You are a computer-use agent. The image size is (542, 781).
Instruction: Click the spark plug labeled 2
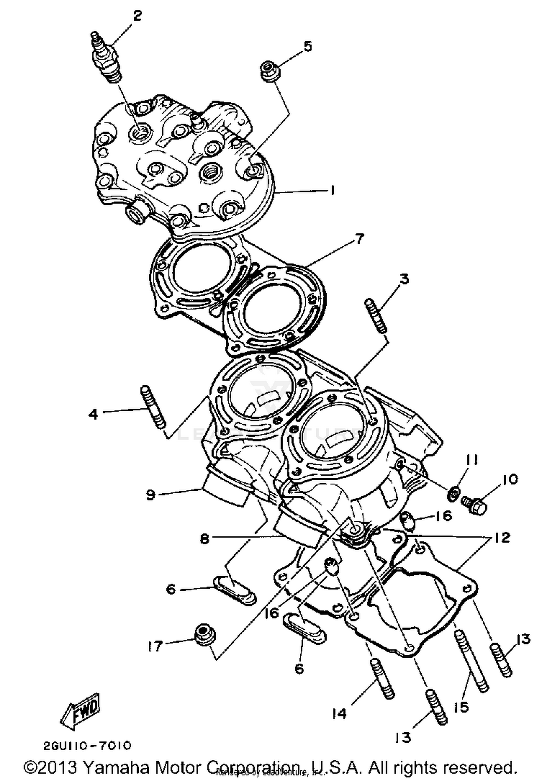[107, 58]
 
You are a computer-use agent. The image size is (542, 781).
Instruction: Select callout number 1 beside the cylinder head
[332, 190]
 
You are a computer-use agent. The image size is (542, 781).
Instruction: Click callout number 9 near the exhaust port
[151, 494]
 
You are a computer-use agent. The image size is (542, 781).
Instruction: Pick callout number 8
[205, 539]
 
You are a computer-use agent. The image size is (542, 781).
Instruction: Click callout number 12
[502, 537]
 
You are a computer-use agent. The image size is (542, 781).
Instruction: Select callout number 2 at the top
[137, 16]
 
